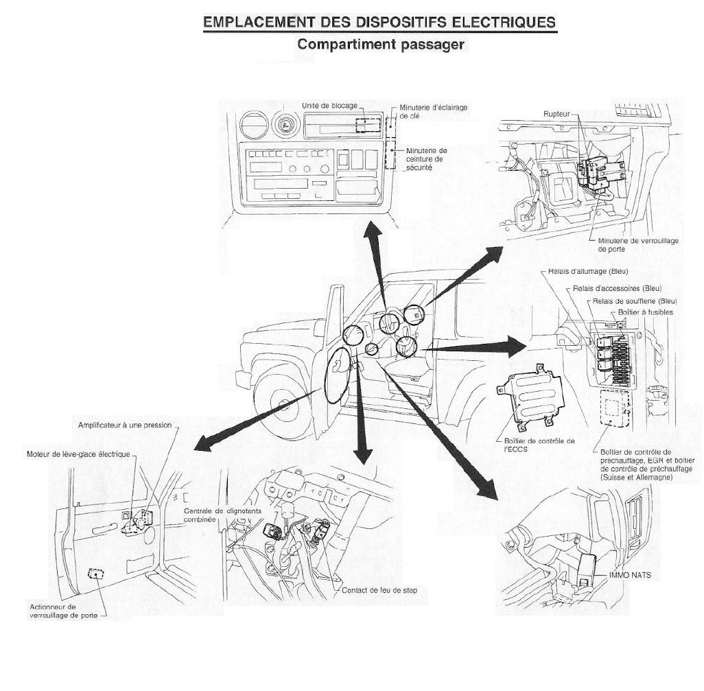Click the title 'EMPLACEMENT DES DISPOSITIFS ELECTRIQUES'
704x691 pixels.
click(379, 23)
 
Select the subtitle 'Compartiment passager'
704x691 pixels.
click(381, 45)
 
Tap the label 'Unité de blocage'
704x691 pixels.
click(329, 106)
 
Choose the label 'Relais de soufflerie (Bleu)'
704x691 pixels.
click(633, 301)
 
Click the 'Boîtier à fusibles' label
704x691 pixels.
click(645, 312)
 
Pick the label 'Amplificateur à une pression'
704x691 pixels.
click(125, 425)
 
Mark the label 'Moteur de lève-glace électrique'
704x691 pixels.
click(77, 454)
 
